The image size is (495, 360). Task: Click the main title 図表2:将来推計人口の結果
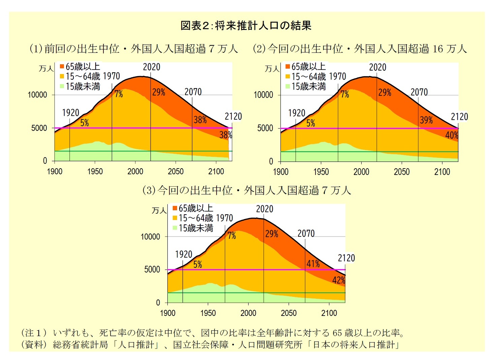pos(246,26)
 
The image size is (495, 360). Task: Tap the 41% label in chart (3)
pos(313,264)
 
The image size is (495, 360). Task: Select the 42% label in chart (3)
pos(338,280)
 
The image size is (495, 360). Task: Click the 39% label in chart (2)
pos(426,120)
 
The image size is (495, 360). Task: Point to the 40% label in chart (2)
pos(452,135)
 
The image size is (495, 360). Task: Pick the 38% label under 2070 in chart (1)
pos(200,120)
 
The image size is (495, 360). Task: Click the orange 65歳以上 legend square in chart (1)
pos(62,66)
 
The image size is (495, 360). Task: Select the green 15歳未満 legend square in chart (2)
pos(288,86)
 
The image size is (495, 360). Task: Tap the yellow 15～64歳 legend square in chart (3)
pos(175,218)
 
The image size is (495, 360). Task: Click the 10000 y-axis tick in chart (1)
pos(37,95)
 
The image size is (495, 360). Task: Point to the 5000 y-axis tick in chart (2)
pos(265,128)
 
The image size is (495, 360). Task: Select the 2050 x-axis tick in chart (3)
pos(289,313)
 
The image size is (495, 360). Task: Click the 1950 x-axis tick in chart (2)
pos(321,172)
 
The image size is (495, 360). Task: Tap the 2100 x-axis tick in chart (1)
pos(216,172)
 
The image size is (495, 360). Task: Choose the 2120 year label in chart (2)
pos(459,117)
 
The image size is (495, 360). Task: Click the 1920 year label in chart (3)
pos(184,254)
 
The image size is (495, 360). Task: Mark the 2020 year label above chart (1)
pos(152,67)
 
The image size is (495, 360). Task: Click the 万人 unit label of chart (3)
pos(159,211)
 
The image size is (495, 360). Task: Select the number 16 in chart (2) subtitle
pos(438,49)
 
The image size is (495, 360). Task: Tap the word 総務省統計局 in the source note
pos(80,345)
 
